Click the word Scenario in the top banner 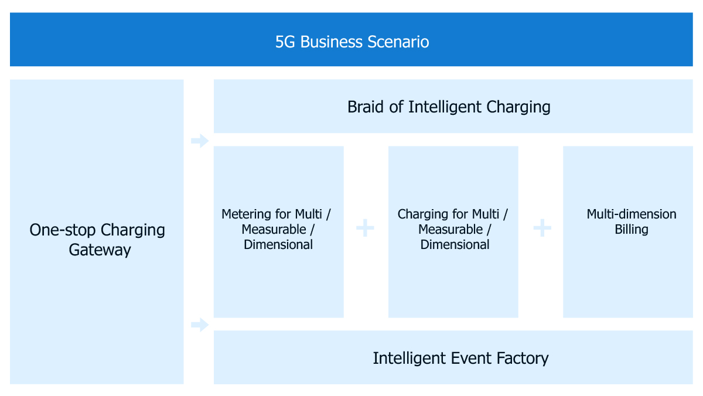[x=398, y=42]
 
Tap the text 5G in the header [x=285, y=42]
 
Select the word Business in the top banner [x=332, y=42]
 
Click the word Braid [x=366, y=107]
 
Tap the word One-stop [x=63, y=230]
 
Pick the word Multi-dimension [x=632, y=214]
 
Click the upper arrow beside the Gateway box [x=200, y=141]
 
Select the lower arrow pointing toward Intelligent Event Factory [x=200, y=325]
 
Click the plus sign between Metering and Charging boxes [x=366, y=228]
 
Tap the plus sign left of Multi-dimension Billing [x=542, y=228]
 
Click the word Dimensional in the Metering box [x=278, y=245]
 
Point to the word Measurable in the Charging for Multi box [x=451, y=230]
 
